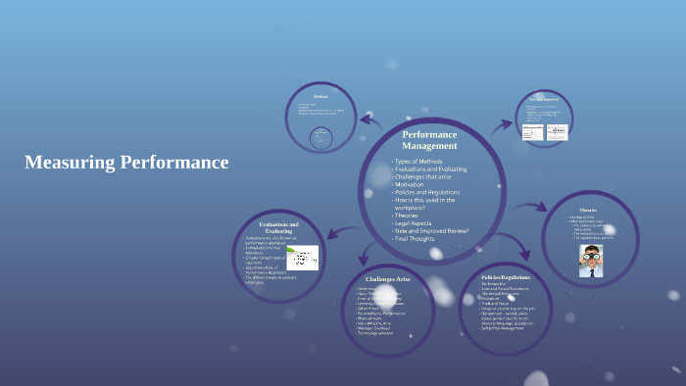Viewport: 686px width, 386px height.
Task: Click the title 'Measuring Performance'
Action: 126,163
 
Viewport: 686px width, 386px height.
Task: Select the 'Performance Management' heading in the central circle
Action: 430,139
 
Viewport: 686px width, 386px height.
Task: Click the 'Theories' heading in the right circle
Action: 588,209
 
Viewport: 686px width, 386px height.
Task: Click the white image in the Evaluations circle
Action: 302,257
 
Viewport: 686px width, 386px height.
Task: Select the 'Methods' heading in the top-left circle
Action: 319,97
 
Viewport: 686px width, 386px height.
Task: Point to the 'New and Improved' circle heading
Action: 544,99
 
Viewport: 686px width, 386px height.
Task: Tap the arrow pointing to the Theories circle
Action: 530,208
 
